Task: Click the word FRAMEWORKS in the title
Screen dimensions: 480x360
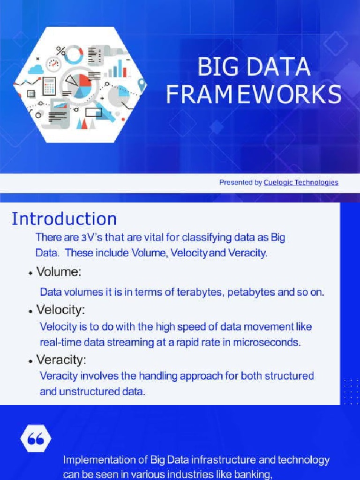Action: pos(254,95)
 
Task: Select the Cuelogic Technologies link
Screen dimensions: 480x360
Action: pos(300,182)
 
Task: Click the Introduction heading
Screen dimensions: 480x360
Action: pos(64,219)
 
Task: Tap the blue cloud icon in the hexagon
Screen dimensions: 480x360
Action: pos(36,69)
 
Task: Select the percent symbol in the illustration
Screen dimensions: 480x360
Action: pos(61,50)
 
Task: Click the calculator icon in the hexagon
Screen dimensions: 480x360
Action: pos(49,86)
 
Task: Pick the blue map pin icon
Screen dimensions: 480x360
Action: pos(142,85)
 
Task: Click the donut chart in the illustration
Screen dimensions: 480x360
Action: pos(74,54)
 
